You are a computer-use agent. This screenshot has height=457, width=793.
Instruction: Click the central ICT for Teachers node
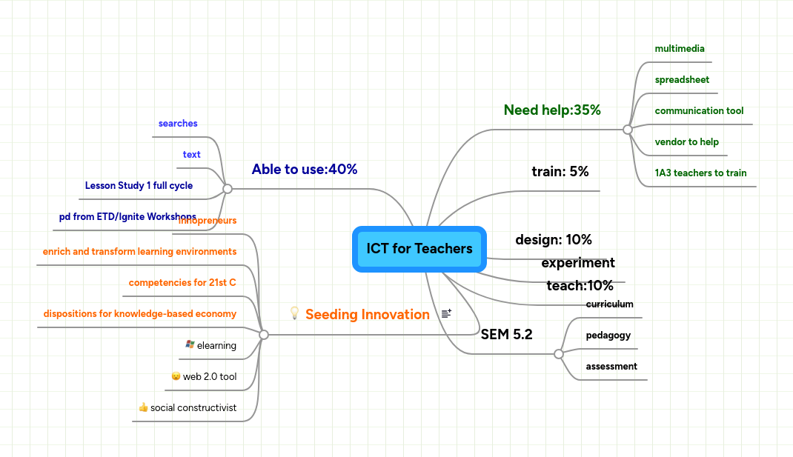coord(419,249)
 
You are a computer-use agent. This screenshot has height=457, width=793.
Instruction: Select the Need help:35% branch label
coord(552,110)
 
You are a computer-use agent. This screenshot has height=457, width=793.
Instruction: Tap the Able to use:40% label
coord(304,170)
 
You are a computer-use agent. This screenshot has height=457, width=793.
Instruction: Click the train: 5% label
coord(560,172)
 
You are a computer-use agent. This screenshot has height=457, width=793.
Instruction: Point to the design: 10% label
coord(554,240)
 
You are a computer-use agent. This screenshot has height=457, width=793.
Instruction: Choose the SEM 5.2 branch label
coord(506,335)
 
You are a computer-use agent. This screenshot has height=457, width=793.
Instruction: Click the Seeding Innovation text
coord(367,315)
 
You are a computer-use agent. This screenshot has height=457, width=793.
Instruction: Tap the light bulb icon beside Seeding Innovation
coord(294,313)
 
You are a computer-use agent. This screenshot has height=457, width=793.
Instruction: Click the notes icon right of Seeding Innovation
coord(446,314)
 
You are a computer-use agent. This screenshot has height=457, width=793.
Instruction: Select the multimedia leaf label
coord(679,49)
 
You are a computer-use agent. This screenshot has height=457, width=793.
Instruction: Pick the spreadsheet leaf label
coord(682,80)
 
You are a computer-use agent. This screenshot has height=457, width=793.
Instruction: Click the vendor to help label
coord(686,142)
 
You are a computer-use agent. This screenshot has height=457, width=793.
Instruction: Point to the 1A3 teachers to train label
coord(700,173)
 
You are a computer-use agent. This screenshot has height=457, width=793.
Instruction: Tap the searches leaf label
coord(178,124)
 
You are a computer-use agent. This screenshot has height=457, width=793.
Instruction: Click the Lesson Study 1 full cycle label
coord(139,186)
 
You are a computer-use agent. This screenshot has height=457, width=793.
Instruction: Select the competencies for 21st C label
coord(182,283)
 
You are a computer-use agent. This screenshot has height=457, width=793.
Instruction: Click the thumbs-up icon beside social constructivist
coord(143,407)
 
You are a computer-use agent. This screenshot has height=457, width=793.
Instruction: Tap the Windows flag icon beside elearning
coord(190,344)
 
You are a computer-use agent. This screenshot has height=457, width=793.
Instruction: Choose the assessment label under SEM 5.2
coord(611,367)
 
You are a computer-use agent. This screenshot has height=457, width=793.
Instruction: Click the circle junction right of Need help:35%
coord(628,130)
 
